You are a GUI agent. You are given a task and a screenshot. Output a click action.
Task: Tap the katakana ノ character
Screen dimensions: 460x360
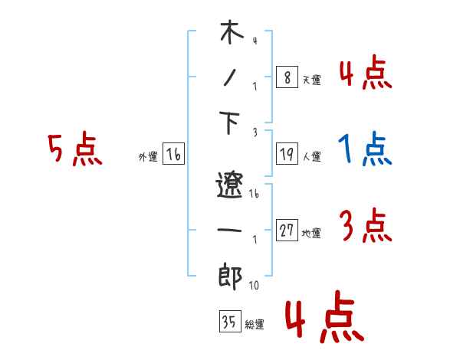(230, 79)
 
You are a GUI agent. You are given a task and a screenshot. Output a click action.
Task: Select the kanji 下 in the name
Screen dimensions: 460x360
(231, 124)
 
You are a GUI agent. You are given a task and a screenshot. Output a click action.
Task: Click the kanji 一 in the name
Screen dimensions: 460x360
(230, 229)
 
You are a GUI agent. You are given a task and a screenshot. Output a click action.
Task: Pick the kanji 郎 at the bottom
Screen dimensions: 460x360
(230, 276)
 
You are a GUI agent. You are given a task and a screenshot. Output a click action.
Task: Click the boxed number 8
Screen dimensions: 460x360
(286, 77)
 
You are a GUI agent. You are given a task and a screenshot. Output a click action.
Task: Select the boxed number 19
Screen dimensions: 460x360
(286, 154)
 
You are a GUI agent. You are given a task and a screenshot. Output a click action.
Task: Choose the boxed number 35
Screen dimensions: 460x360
(229, 322)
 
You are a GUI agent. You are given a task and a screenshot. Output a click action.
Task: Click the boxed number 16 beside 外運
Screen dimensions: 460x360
(173, 155)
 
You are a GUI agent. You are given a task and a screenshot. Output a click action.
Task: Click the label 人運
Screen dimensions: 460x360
(311, 157)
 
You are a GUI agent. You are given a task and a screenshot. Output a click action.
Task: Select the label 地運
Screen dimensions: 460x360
(311, 234)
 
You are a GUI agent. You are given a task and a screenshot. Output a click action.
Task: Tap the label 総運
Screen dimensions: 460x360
(255, 324)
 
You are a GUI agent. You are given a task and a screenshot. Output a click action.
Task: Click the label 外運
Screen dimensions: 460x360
(148, 157)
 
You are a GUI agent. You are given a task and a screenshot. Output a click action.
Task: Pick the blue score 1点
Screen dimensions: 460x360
(365, 150)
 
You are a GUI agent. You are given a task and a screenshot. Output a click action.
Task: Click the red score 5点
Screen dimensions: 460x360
(74, 151)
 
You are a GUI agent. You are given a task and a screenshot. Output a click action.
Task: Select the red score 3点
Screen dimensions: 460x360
(365, 227)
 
